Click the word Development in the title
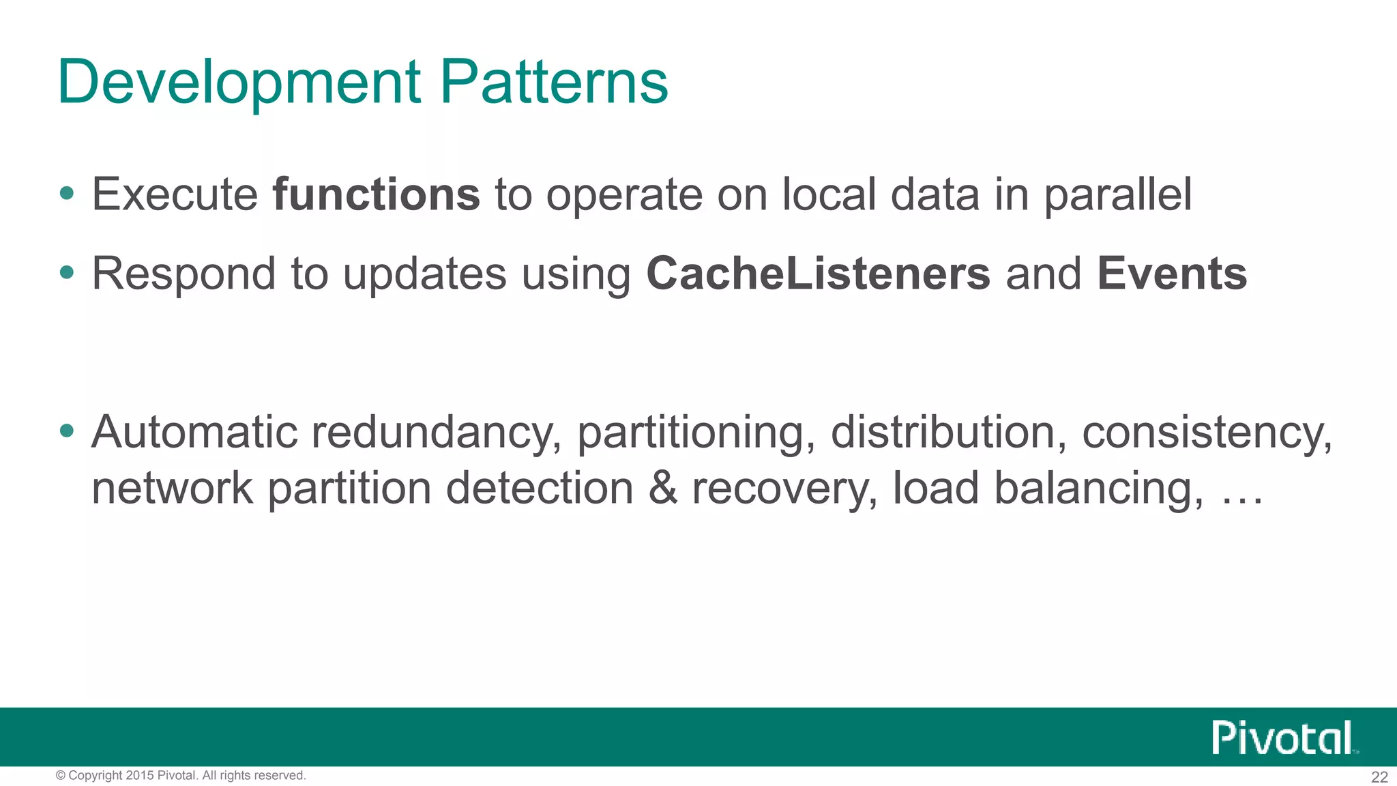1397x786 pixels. pos(239,83)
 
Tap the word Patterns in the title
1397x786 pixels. pos(554,83)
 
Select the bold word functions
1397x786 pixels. pos(376,194)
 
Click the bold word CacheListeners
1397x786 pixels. pos(818,274)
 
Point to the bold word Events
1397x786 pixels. pos(1172,274)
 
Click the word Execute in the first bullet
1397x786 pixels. pos(175,194)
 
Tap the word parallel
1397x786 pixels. pos(1118,196)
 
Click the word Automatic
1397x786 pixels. pos(194,432)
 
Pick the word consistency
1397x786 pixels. pos(1207,433)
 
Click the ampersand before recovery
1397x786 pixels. pos(663,489)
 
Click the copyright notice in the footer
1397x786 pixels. pos(181,776)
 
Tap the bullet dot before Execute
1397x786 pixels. pos(66,194)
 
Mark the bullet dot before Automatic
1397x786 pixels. pos(66,431)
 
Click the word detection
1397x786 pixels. pos(540,489)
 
